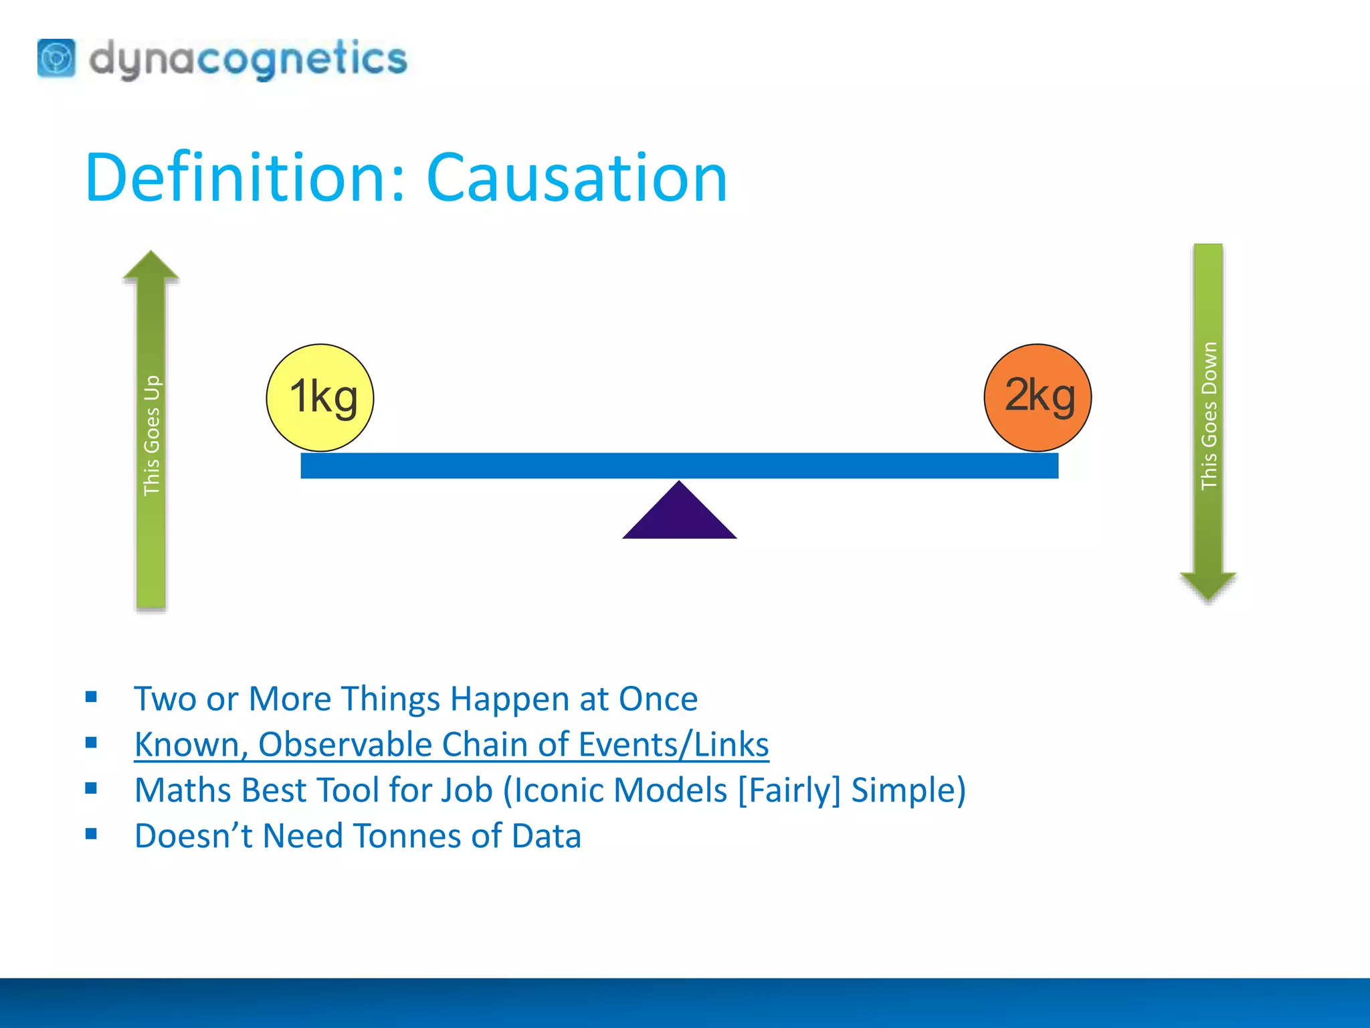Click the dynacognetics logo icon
57,58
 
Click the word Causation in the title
577,178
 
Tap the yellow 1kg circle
320,398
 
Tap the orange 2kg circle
1038,398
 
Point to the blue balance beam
679,466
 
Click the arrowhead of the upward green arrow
151,266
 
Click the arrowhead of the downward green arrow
1208,586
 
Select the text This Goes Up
152,435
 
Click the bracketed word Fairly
789,790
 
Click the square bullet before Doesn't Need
92,834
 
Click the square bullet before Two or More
92,697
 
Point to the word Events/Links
674,745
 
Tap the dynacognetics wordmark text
248,59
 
